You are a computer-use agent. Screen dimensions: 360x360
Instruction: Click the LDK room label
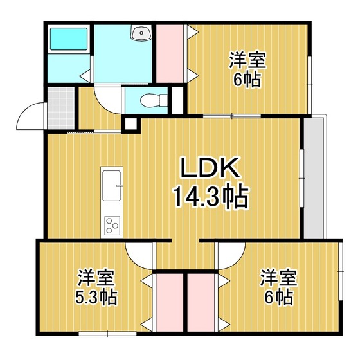click(210, 167)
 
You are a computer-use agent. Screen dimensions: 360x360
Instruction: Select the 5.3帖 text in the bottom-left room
click(96, 297)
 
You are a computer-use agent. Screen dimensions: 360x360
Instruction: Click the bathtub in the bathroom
click(69, 39)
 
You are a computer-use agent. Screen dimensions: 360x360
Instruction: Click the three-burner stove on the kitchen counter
click(112, 226)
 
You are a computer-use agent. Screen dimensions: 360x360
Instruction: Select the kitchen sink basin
click(112, 186)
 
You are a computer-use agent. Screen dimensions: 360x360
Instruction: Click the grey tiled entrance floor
click(60, 108)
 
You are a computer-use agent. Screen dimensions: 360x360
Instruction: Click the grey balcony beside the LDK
click(314, 178)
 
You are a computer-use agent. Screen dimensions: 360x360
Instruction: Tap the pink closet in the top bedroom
click(170, 53)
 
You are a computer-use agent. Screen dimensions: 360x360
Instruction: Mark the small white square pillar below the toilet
click(130, 124)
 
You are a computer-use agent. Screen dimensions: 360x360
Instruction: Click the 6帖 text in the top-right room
click(247, 80)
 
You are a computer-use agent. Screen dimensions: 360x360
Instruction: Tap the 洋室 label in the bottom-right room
click(278, 278)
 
